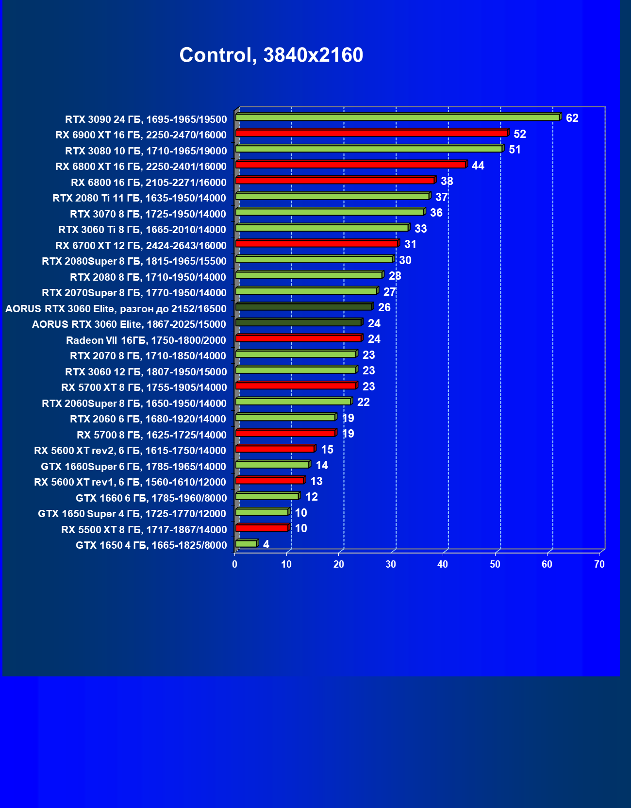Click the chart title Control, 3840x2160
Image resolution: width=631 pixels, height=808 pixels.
[x=271, y=55]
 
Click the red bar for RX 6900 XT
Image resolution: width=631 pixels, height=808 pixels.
[x=371, y=133]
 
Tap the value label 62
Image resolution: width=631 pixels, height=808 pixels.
[x=572, y=118]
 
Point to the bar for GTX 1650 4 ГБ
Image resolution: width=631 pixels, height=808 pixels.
[x=246, y=544]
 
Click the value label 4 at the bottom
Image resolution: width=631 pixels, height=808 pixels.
[x=266, y=544]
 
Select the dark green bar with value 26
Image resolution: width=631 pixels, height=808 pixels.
[x=304, y=307]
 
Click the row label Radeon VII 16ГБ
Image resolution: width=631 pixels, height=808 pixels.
[x=146, y=340]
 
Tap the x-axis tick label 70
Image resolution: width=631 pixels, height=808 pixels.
[x=599, y=564]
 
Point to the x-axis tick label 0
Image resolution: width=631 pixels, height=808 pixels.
[x=235, y=564]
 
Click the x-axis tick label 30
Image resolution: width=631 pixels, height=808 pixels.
[x=391, y=564]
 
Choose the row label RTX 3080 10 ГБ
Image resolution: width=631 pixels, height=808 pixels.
[x=146, y=151]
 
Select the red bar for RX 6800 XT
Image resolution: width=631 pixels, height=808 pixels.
[x=350, y=165]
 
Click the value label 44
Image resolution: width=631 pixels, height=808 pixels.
[x=478, y=166]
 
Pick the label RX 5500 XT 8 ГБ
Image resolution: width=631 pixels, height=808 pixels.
[x=144, y=529]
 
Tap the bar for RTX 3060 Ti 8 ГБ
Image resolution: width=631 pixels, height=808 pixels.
[x=322, y=228]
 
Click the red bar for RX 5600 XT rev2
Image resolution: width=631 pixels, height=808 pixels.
[x=275, y=449]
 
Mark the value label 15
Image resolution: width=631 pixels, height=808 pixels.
[x=327, y=450]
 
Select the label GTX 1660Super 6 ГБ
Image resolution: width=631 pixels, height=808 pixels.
[x=133, y=466]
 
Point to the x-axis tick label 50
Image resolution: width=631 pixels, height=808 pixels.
[x=495, y=564]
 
